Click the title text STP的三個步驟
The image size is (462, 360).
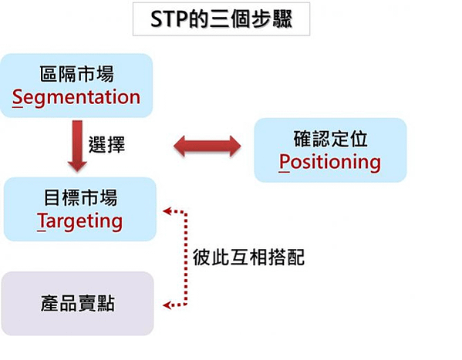(221, 19)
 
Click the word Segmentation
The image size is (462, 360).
(76, 97)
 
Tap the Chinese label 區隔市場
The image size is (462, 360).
(77, 74)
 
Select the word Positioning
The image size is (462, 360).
(330, 162)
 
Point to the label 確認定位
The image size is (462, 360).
(330, 139)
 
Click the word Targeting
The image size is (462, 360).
(80, 221)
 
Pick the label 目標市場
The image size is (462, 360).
(80, 197)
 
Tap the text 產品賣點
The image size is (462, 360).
(77, 303)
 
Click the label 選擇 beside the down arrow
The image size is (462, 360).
(106, 144)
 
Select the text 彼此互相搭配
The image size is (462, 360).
(248, 257)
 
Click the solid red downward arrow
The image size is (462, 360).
(77, 146)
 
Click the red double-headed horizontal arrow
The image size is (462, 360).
(207, 146)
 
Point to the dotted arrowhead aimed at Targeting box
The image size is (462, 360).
(167, 211)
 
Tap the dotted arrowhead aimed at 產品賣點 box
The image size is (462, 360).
(167, 305)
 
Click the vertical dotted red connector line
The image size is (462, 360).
(186, 258)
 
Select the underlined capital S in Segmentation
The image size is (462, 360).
(18, 98)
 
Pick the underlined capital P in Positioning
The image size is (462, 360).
(285, 163)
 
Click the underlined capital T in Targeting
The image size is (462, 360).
(42, 221)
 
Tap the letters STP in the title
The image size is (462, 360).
(169, 19)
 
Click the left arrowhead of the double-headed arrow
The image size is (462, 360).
(180, 146)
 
